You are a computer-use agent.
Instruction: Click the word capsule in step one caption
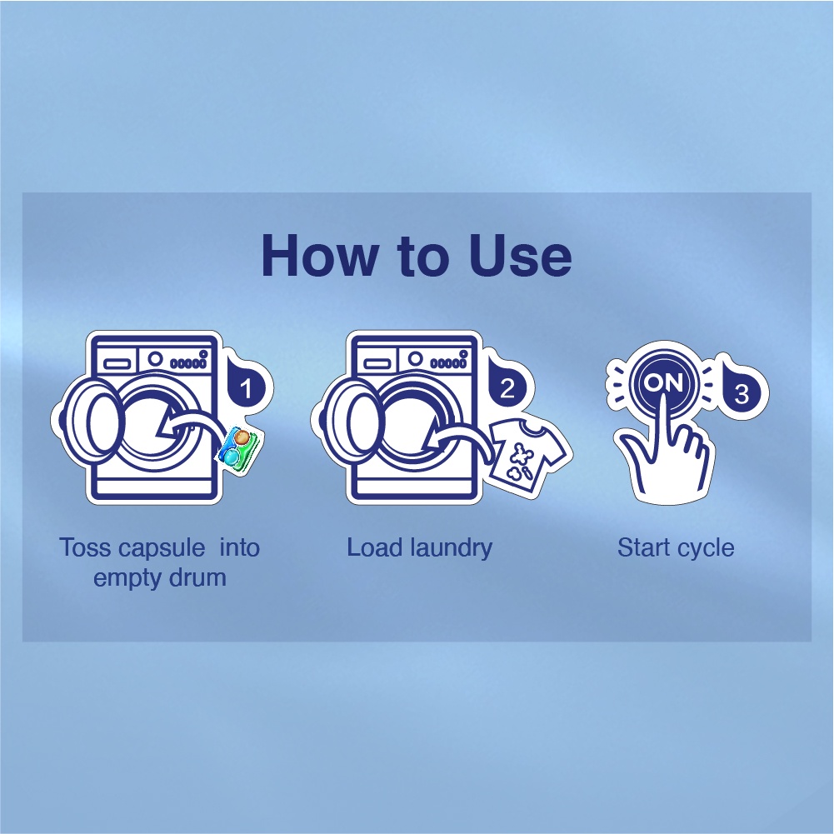(x=162, y=548)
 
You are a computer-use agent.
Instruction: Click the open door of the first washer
(x=92, y=419)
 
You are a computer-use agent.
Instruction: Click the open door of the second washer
(x=352, y=419)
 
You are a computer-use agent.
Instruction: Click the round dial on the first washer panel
(x=155, y=358)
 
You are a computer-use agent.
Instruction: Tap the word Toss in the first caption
(x=85, y=547)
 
